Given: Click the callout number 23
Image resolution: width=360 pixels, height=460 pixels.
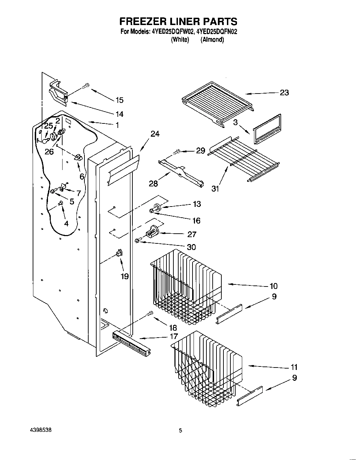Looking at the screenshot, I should (284, 93).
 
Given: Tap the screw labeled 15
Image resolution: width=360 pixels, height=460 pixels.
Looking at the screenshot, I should (86, 86).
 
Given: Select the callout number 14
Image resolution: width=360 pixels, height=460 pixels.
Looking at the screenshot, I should (119, 114).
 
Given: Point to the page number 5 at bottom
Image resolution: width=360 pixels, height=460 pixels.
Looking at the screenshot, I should (180, 431).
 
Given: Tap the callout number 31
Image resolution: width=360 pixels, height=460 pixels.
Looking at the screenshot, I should (215, 189).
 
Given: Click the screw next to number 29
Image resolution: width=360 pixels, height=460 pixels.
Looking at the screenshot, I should (176, 151).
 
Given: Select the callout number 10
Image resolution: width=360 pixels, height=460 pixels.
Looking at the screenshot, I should (273, 286).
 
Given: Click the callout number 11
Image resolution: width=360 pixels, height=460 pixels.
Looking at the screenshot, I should (294, 367).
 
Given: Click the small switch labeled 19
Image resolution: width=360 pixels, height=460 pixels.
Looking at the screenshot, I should (119, 253).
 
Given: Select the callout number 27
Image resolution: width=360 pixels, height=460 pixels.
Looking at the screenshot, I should (191, 234).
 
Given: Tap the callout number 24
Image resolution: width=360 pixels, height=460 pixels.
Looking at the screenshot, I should (155, 134).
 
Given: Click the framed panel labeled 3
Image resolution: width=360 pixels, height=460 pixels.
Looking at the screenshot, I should (267, 129).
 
